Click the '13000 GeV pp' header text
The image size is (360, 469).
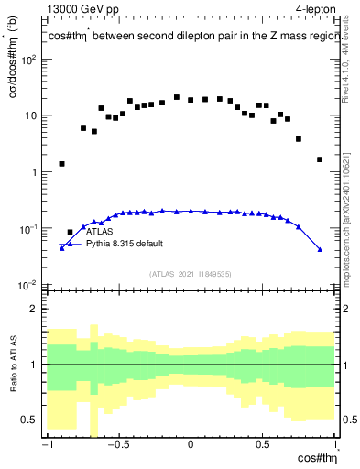(81, 10)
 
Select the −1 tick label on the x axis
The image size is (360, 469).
(46, 445)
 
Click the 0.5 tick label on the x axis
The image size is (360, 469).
(262, 445)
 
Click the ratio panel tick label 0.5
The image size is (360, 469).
(31, 420)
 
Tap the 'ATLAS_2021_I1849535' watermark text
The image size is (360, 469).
(190, 274)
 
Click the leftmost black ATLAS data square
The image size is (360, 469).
(62, 164)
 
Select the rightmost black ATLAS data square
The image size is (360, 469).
(320, 159)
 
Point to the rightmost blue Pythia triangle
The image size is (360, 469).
(320, 249)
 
